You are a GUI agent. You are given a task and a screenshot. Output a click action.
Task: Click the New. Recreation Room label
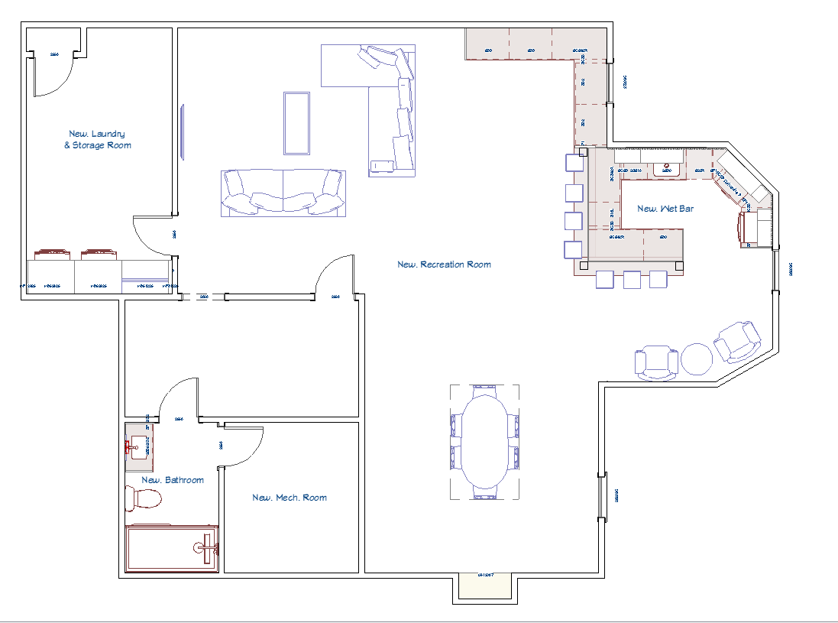[444, 264]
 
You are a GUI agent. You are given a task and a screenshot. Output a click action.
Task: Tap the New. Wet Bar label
[665, 209]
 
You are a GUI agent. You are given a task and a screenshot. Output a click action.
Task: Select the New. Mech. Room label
[290, 498]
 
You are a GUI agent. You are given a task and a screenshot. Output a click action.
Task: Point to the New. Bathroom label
[173, 480]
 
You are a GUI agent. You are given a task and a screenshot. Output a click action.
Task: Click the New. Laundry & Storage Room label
[97, 139]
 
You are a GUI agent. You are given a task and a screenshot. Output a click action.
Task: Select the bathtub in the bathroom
[172, 548]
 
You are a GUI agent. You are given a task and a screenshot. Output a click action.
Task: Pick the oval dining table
[484, 442]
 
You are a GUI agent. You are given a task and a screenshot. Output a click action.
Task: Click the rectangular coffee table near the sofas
[296, 122]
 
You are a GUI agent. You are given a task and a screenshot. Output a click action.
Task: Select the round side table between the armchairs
[697, 359]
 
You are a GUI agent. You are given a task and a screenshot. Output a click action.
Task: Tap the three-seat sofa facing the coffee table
[283, 193]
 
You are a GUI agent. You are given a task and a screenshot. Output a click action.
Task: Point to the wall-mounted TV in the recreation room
[182, 131]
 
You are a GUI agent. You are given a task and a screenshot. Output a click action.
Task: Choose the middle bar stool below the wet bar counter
[632, 280]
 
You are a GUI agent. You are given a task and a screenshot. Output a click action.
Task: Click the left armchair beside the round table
[657, 362]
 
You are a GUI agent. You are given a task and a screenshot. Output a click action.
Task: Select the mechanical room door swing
[243, 446]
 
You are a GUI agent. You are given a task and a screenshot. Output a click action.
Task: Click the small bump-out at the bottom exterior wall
[486, 586]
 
